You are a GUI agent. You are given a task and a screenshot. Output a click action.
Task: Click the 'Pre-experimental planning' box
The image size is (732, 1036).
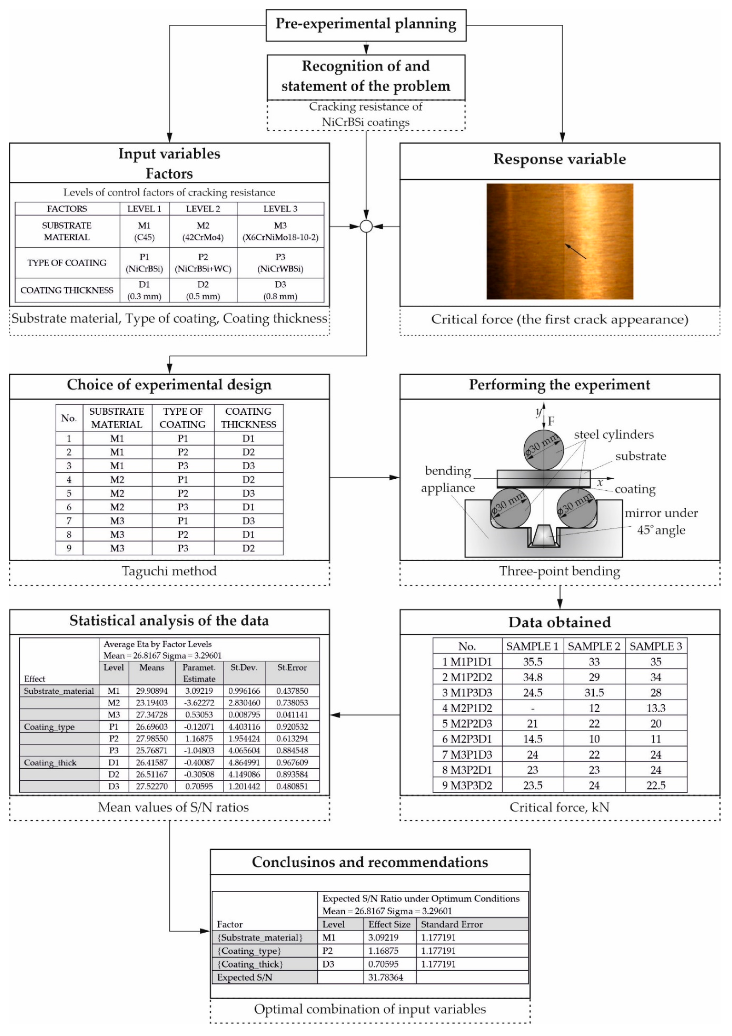tap(366, 24)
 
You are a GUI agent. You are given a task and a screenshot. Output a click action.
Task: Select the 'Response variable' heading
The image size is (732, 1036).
tap(559, 159)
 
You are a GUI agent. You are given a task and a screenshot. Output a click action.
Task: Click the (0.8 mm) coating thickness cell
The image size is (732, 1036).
tap(280, 296)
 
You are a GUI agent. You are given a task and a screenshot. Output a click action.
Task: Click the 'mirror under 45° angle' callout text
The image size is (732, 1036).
tap(661, 521)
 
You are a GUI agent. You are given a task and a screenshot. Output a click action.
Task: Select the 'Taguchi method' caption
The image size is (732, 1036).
tap(169, 571)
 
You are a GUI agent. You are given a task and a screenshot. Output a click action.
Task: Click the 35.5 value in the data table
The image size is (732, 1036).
tap(533, 662)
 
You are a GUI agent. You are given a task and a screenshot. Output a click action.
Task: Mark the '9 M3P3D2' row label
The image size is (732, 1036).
tap(467, 785)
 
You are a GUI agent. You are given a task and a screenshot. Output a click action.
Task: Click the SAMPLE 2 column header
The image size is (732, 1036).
tap(594, 646)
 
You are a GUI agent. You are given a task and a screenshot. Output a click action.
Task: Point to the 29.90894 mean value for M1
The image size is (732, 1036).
tap(152, 691)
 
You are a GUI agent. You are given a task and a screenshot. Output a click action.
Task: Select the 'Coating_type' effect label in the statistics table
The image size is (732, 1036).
tap(49, 727)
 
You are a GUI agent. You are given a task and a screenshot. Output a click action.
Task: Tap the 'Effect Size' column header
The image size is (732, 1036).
tap(389, 924)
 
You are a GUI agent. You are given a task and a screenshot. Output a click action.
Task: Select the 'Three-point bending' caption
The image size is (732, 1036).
tap(559, 571)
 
